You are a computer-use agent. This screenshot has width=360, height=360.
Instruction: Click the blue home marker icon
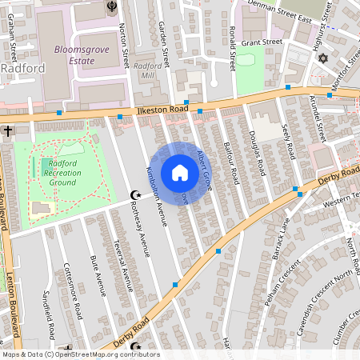[180, 172]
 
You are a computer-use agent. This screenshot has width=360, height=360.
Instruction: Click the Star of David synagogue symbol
[323, 59]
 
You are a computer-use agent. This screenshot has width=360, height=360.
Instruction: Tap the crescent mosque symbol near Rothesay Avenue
[136, 195]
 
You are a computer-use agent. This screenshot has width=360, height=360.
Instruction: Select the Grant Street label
[262, 42]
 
